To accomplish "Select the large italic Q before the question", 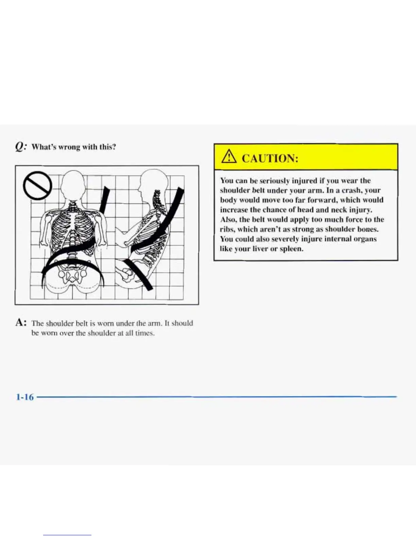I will pos(20,146).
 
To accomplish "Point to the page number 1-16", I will pos(25,397).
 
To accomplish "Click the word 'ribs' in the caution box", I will pos(227,229).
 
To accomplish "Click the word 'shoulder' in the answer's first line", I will pos(60,323).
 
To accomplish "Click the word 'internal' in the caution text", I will pos(338,239).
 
